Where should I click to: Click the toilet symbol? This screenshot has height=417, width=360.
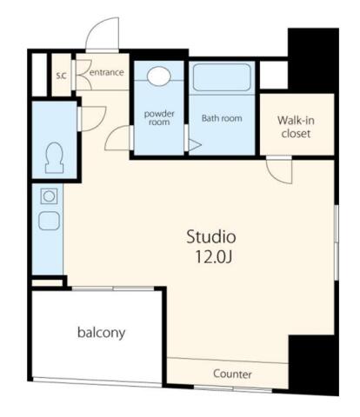point(54,158)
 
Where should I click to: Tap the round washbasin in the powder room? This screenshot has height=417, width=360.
point(158,76)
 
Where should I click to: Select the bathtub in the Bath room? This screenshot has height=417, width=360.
point(222,77)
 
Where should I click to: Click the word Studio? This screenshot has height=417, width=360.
point(210,236)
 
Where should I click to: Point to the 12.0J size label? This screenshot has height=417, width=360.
point(214,256)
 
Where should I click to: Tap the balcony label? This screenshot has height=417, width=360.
point(101,333)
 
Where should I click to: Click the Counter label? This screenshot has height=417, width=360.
point(232,374)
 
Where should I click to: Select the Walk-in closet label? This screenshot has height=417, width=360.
point(296,127)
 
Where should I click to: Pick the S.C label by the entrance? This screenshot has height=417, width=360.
point(61,76)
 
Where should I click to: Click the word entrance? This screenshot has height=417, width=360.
point(107,72)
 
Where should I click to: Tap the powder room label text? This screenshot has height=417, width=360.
point(159,117)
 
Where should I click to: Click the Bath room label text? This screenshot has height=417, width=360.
point(222,118)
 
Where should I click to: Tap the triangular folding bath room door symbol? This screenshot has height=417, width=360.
point(195,145)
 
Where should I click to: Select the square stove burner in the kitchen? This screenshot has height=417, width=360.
point(49,196)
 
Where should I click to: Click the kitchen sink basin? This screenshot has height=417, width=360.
point(49,221)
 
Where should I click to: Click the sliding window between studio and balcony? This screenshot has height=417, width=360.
point(113,288)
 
